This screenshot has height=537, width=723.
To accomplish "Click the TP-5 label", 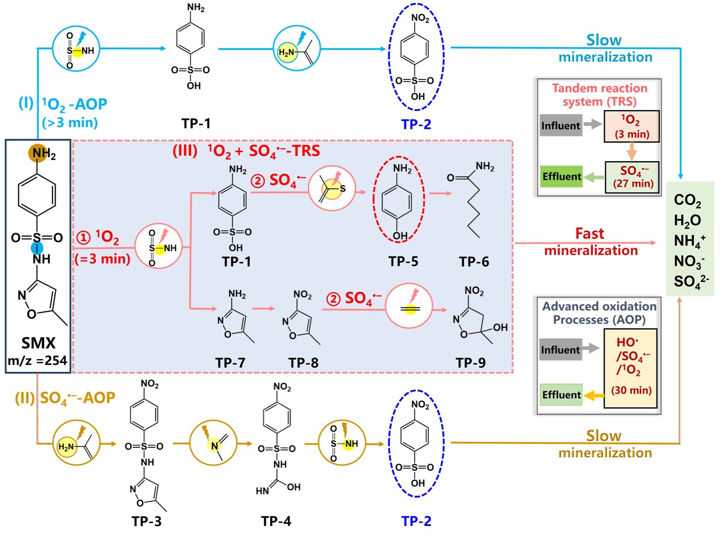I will tap(403, 262).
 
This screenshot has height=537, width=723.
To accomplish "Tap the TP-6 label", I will tap(474, 262).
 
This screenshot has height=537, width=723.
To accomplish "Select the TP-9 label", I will tap(471, 363).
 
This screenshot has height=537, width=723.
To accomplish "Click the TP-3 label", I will tap(146, 521).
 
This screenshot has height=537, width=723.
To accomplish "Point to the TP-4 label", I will tap(276, 521).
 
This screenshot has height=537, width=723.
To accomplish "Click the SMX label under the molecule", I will tap(38, 343).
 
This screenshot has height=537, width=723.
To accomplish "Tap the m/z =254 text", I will tap(38, 360).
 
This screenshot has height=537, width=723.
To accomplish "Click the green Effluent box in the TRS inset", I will tap(561, 176).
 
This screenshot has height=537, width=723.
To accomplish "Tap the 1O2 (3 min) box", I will tap(632, 127).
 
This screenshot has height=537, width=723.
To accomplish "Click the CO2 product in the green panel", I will tap(687, 200).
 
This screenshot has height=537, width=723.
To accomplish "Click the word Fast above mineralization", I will tap(589, 234).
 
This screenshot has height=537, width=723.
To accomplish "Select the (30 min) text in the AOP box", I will tap(631, 390).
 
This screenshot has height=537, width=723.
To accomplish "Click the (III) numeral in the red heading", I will tap(185, 151).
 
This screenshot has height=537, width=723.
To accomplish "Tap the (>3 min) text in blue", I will tap(70, 123).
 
